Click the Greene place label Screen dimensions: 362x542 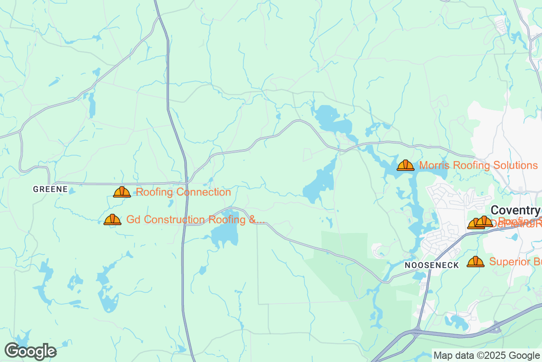[50, 189]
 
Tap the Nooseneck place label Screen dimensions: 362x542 [431, 265]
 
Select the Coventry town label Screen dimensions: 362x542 [515, 210]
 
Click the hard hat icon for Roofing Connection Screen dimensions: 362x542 [122, 192]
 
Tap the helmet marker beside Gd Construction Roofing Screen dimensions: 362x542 [112, 220]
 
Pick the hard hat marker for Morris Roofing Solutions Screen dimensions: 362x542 [406, 165]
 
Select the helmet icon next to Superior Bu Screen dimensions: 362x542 [475, 262]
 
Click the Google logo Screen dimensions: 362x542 [30, 351]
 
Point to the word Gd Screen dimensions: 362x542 [133, 220]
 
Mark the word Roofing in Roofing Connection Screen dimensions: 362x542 [154, 192]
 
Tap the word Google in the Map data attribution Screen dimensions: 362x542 [526, 355]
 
